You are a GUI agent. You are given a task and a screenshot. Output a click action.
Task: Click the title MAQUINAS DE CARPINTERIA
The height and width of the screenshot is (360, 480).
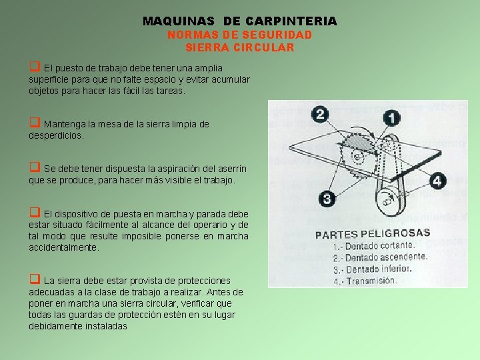click(x=240, y=21)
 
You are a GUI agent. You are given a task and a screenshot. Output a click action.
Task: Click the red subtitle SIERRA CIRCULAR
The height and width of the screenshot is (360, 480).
click(x=239, y=48)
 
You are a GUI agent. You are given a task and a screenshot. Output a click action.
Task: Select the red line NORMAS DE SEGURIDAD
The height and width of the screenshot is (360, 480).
click(x=239, y=35)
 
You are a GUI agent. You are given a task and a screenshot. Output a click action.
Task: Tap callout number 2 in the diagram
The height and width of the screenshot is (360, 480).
click(x=321, y=114)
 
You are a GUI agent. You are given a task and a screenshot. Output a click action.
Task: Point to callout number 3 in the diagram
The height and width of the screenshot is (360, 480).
click(x=327, y=198)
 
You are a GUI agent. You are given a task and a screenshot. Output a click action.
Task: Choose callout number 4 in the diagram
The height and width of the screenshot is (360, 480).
click(x=437, y=181)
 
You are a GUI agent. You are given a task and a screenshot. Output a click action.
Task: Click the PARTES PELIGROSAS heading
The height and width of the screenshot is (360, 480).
click(x=372, y=234)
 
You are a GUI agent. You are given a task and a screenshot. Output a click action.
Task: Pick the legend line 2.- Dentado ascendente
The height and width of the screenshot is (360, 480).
click(x=379, y=257)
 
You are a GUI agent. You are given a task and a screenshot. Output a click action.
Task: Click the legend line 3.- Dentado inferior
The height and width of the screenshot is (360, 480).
click(x=371, y=269)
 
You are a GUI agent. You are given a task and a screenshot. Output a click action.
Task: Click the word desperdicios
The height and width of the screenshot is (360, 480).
click(x=57, y=135)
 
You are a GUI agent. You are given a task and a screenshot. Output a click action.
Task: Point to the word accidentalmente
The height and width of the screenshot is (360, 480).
click(x=63, y=247)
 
